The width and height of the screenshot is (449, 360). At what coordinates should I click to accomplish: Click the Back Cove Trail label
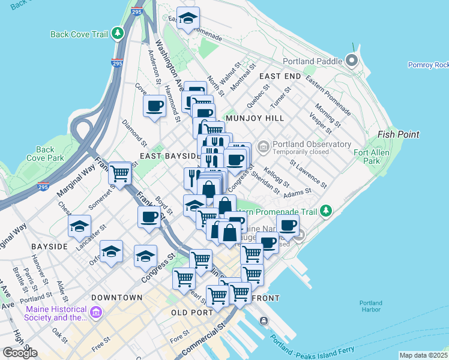[79, 34]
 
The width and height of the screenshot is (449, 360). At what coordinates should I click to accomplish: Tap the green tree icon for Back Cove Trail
[119, 34]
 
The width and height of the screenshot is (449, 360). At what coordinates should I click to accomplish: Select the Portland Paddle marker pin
[352, 61]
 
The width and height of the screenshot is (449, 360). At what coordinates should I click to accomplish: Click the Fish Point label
[399, 135]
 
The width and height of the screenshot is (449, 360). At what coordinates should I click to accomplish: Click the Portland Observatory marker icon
[263, 146]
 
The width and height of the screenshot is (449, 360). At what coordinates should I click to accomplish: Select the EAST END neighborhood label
[280, 77]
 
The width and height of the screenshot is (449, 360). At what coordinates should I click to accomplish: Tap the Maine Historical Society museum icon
[96, 313]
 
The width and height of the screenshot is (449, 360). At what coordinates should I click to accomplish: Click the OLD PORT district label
[192, 313]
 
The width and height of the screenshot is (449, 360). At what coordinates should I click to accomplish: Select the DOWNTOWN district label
[116, 298]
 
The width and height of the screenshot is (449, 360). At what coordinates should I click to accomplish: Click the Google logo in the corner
[20, 353]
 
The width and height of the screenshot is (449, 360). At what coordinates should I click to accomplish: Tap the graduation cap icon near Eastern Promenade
[188, 19]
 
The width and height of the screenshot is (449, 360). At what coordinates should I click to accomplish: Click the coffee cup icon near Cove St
[154, 106]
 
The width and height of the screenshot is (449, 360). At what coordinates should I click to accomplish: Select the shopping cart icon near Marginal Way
[120, 173]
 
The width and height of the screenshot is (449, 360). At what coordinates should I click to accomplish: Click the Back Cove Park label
[46, 154]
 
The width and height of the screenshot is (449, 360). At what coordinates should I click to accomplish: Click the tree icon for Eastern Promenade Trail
[325, 211]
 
